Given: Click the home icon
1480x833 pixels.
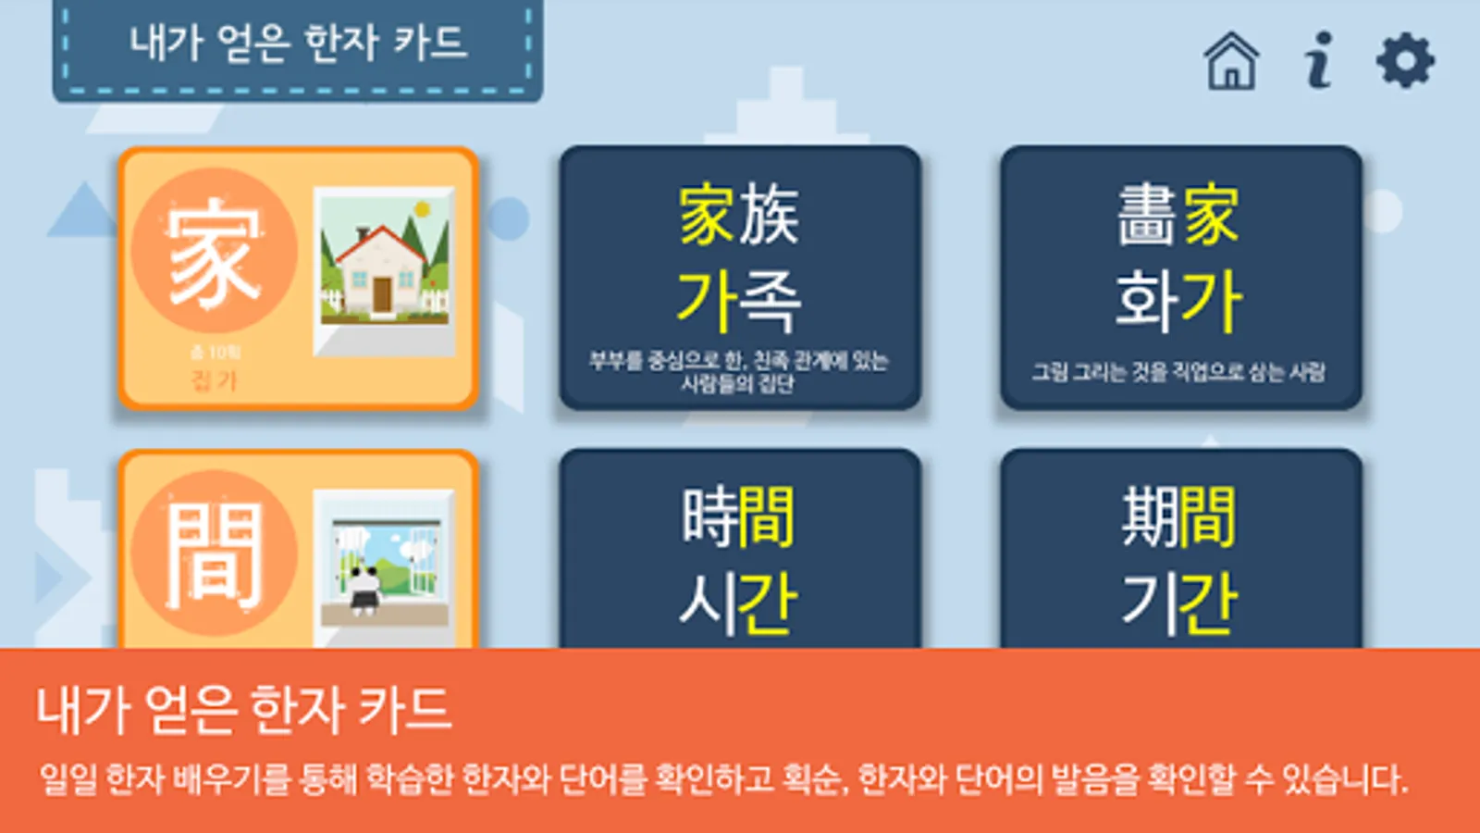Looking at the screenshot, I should [x=1231, y=61].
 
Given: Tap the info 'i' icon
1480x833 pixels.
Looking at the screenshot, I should [x=1319, y=61].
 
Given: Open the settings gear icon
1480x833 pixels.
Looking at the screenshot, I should [x=1405, y=61].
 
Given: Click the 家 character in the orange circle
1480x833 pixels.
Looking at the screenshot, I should [x=214, y=250].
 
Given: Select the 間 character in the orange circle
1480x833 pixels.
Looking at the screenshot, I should [x=214, y=553].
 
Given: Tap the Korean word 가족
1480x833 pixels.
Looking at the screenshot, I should [x=738, y=301].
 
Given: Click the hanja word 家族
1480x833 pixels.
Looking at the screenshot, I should [x=738, y=215].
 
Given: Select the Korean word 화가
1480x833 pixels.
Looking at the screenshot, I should [x=1178, y=301].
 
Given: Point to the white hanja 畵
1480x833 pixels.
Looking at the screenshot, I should [x=1146, y=215].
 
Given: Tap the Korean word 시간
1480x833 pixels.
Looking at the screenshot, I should [x=738, y=603].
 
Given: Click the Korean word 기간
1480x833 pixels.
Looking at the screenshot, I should [x=1178, y=603].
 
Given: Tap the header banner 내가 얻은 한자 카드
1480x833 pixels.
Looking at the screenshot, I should [x=298, y=44].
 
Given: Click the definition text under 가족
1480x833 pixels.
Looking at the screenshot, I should [x=738, y=371].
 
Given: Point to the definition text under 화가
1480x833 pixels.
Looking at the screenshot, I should [x=1178, y=372].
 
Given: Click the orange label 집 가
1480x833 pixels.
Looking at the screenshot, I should [x=214, y=380].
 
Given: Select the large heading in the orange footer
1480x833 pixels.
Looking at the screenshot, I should [x=243, y=710].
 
